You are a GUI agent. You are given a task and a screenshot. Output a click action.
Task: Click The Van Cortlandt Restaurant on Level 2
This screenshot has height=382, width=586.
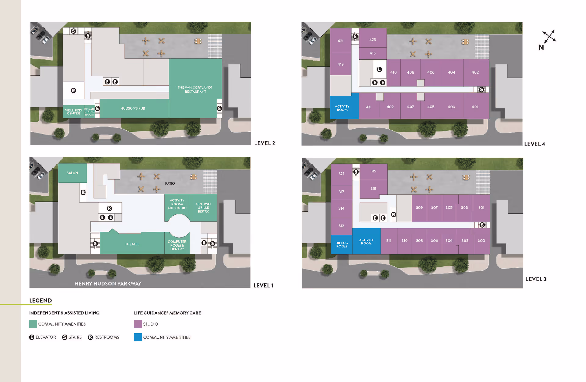coord(195,89)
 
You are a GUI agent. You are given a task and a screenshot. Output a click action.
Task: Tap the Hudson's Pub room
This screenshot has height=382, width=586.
coord(133,108)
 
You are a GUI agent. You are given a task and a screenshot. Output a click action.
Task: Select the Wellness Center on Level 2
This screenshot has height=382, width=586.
coord(73,112)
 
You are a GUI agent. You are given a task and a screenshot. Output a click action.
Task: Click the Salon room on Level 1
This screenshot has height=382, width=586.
coord(72,173)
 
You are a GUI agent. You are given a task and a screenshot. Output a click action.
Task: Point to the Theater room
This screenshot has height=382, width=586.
coord(132,244)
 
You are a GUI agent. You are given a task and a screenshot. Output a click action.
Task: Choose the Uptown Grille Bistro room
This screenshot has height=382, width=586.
coord(203,208)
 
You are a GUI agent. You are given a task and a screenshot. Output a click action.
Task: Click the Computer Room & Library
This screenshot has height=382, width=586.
coord(177,245)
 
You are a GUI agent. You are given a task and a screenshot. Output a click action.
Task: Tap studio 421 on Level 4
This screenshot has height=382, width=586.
coord(341,41)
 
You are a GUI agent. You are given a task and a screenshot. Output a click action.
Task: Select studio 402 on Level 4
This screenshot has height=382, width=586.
coord(475,72)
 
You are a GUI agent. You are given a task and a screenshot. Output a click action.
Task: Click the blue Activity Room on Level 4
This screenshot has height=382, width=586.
coord(342,108)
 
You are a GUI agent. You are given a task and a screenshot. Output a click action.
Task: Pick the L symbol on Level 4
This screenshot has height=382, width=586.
coord(379,70)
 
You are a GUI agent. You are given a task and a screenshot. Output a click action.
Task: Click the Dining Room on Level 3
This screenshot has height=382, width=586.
coord(342,245)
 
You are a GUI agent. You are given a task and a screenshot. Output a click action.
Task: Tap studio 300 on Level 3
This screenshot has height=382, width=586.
coord(481,241)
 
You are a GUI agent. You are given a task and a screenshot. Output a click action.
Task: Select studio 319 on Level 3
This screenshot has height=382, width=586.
coord(373,171)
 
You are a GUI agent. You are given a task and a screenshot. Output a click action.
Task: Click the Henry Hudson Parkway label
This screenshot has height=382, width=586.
coord(108,283)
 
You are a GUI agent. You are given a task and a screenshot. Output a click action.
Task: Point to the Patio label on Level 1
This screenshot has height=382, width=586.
coord(170,183)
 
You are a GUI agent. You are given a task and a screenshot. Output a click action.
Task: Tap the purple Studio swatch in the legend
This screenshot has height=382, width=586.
coord(138,324)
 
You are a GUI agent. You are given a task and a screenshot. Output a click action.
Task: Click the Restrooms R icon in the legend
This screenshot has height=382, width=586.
coord(90,337)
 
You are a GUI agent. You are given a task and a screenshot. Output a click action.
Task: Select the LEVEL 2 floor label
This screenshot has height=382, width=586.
coord(264,143)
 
